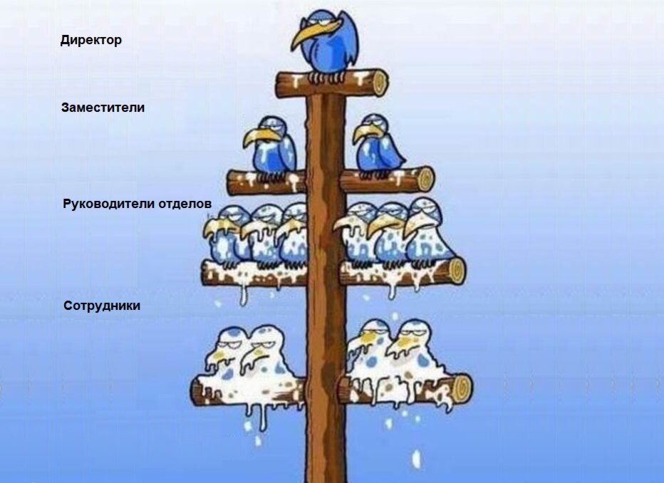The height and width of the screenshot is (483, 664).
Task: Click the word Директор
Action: coord(91,40)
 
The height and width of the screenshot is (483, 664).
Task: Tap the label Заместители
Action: coord(103,108)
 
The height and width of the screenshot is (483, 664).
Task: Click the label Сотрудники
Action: coord(102,306)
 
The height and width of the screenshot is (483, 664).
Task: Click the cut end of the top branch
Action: coord(379,83)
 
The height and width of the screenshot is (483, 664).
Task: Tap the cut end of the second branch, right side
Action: coord(425,178)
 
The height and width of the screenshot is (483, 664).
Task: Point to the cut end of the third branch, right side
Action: coord(456,270)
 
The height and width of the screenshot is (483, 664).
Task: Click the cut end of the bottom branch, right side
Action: coord(462,388)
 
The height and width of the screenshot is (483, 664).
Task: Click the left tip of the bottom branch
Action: coord(195,391)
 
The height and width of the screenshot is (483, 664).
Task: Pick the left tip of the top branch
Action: coord(279,85)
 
